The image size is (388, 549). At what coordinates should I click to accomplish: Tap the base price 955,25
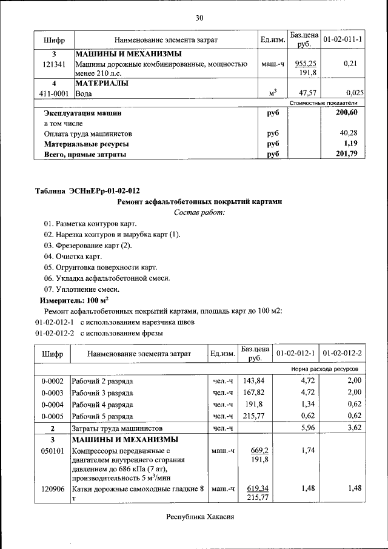(306, 64)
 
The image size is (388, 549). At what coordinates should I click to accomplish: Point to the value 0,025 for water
(355, 93)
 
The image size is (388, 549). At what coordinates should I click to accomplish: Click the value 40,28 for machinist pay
(353, 133)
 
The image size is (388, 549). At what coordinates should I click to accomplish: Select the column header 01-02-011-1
(343, 40)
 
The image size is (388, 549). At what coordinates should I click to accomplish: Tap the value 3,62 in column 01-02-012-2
(354, 428)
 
